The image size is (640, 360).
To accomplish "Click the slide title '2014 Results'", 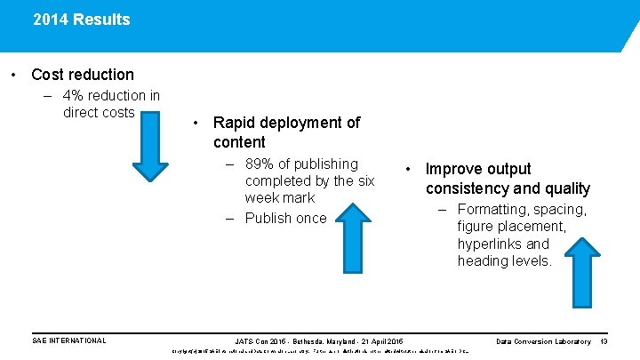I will pyautogui.click(x=81, y=20).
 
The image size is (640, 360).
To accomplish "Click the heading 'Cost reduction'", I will pyautogui.click(x=83, y=75).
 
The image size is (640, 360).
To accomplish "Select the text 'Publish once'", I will pyautogui.click(x=285, y=219).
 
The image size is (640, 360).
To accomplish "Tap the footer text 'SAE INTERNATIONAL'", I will pyautogui.click(x=68, y=341).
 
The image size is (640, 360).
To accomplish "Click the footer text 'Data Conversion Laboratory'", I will pyautogui.click(x=543, y=341).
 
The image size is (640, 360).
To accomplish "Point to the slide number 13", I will pyautogui.click(x=604, y=341).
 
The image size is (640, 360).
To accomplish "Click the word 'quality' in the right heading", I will pyautogui.click(x=563, y=188).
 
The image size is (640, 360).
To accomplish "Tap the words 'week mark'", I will pyautogui.click(x=280, y=197).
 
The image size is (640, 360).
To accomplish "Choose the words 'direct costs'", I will pyautogui.click(x=98, y=112).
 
